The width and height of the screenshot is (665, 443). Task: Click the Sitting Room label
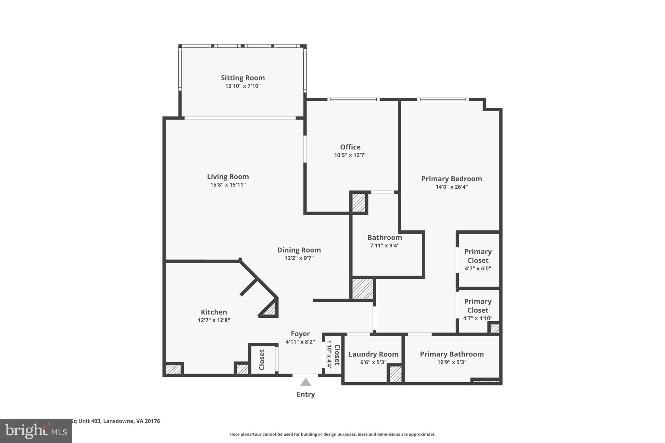(x=243, y=78)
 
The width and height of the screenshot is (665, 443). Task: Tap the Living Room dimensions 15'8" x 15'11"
(x=228, y=185)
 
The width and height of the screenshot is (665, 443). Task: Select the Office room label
(x=350, y=147)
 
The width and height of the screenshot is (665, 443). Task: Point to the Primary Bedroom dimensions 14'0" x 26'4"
(x=452, y=187)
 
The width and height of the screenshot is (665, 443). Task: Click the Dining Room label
(x=299, y=250)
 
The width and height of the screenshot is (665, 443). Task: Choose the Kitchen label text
(x=214, y=312)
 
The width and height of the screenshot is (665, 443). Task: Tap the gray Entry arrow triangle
(x=306, y=383)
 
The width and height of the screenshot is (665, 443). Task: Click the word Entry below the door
(x=306, y=394)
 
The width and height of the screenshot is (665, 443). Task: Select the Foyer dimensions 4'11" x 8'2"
(x=300, y=342)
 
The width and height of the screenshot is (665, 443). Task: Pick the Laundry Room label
(x=373, y=354)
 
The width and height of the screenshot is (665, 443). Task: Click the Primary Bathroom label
(x=452, y=354)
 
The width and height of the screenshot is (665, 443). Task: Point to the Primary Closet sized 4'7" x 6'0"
(x=478, y=260)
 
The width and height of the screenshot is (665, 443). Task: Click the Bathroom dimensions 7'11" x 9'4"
(x=385, y=246)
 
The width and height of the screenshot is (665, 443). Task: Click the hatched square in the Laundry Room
(x=395, y=374)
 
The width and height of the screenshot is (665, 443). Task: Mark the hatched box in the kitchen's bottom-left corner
(x=173, y=369)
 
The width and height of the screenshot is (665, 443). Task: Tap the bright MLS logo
(x=36, y=431)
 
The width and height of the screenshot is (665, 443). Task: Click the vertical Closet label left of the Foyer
(x=262, y=360)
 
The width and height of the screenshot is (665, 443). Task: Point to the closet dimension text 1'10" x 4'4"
(x=329, y=355)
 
